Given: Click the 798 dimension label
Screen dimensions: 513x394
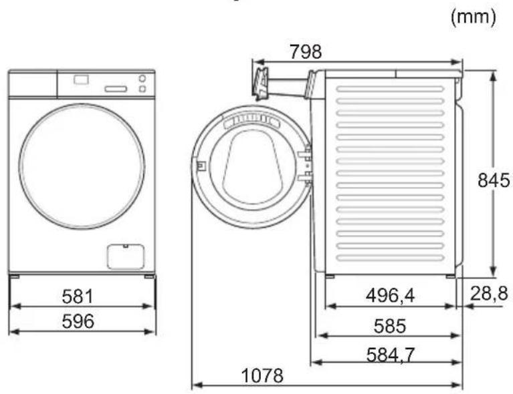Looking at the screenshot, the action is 306,51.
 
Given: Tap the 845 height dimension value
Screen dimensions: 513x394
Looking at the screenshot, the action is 494,180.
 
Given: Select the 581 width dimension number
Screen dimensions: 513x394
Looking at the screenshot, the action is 78,297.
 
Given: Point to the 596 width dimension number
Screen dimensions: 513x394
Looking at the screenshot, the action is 78,321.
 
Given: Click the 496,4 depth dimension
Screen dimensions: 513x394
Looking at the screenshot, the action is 390,296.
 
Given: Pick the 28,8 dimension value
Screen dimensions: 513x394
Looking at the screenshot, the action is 489,293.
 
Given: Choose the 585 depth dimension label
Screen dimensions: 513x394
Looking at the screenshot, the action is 390,326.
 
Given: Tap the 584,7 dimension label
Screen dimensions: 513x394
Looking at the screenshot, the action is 391,355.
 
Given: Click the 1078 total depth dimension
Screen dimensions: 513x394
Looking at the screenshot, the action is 262,376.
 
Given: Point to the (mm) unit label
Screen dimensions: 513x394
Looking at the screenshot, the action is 474,16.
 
